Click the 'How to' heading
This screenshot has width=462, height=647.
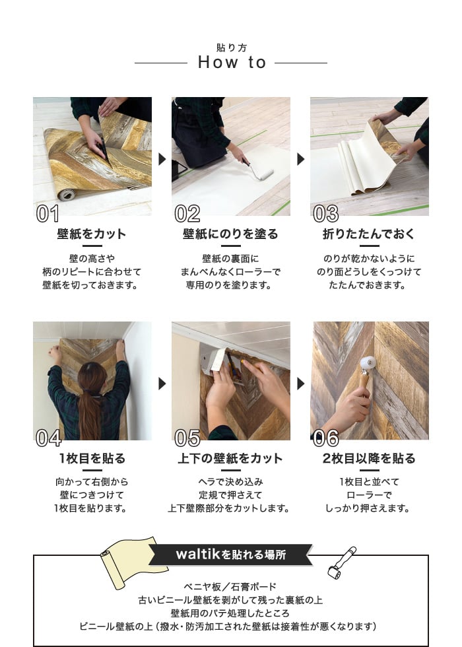(x=232, y=62)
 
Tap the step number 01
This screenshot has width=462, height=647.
(x=48, y=213)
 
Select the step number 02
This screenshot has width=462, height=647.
(x=187, y=213)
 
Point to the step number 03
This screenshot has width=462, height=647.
(x=326, y=213)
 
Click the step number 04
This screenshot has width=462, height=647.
(x=49, y=438)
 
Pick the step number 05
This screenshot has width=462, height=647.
(x=187, y=438)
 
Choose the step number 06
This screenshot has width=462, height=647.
(x=326, y=438)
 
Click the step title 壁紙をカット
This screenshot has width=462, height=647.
(x=92, y=234)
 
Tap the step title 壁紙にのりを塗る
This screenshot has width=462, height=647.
(x=230, y=234)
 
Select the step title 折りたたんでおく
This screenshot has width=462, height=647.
(x=369, y=234)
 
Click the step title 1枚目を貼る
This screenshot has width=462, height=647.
(x=92, y=458)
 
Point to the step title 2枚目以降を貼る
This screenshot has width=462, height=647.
(x=369, y=458)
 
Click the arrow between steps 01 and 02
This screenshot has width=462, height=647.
(x=162, y=159)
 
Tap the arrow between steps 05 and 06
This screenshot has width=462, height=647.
(x=301, y=384)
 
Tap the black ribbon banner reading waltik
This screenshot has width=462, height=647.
(x=230, y=554)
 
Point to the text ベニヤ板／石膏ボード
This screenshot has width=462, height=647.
(x=230, y=586)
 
